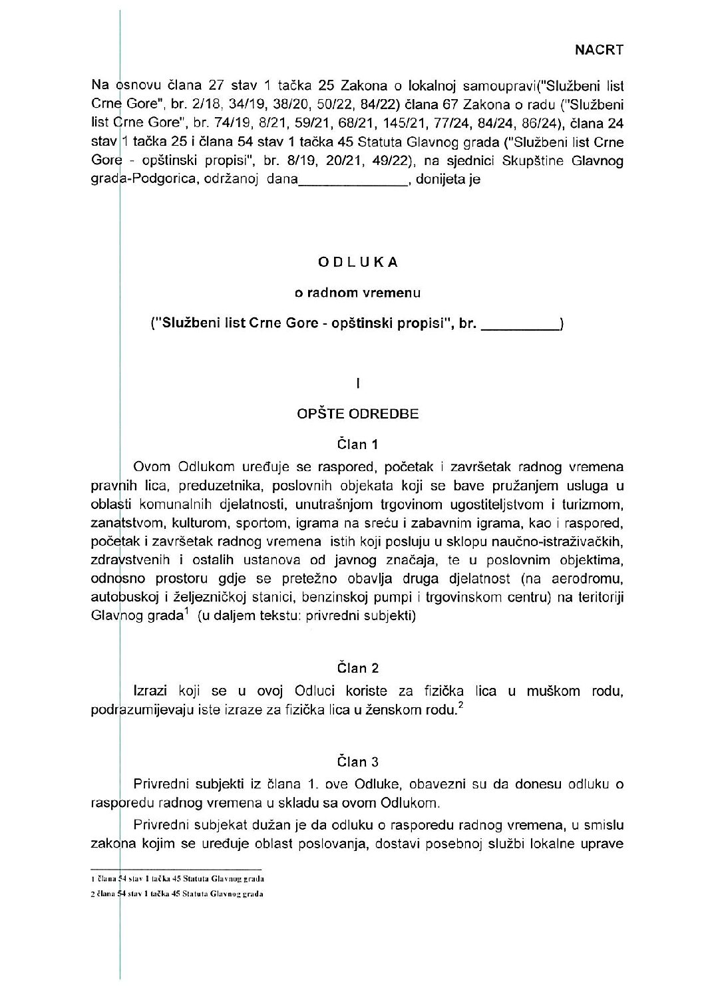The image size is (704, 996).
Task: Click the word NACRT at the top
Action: click(x=599, y=49)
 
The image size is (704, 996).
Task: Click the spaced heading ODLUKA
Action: click(x=358, y=262)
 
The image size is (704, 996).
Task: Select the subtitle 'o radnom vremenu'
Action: click(x=358, y=292)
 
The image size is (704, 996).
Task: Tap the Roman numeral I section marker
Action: click(x=358, y=383)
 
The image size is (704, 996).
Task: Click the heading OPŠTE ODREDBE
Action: click(x=358, y=414)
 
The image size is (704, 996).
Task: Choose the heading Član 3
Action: click(x=358, y=761)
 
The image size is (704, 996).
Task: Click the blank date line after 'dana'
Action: click(x=353, y=180)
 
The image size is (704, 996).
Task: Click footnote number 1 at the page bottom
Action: click(x=92, y=880)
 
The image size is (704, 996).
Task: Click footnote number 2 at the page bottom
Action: click(x=92, y=894)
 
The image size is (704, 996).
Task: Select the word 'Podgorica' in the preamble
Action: click(x=149, y=180)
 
